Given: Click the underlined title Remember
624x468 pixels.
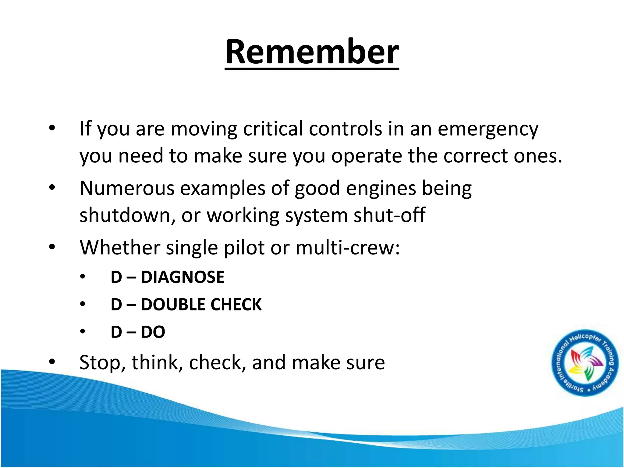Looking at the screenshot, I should tap(312, 52).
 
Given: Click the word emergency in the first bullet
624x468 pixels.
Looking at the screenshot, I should tap(488, 129).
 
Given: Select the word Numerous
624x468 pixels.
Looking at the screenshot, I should tap(127, 188).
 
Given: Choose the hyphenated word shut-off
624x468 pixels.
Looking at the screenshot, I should tap(389, 215).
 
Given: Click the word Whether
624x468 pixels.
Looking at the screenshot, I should tap(120, 247).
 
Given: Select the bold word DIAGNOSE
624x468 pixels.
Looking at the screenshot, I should tap(183, 277).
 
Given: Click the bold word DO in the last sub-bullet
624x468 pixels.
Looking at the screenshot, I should tap(153, 332).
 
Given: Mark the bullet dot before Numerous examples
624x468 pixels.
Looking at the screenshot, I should tap(52, 188).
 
